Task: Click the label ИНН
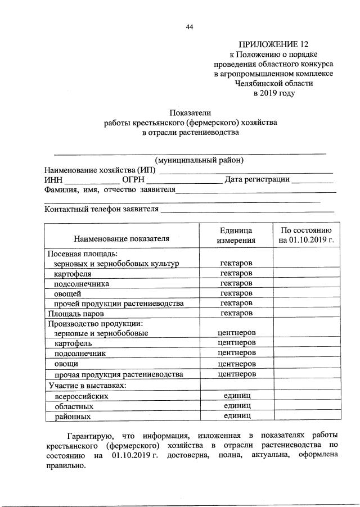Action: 53,180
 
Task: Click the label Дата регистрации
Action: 257,180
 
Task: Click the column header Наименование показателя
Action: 121,238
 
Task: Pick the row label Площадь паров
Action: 76,313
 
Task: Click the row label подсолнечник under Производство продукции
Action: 80,354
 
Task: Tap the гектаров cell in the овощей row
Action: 236,293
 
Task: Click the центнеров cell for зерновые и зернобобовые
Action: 236,333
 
